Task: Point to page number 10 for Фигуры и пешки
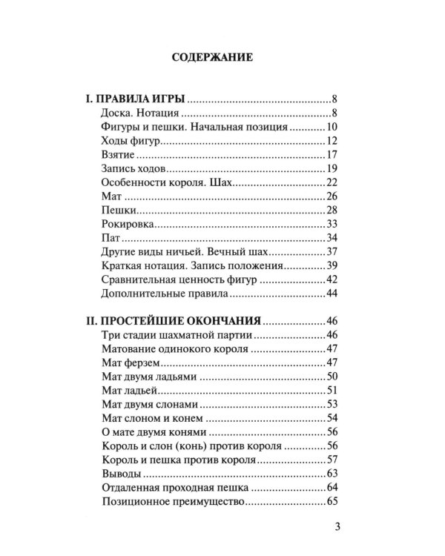pos(331,128)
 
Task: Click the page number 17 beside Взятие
pos(332,156)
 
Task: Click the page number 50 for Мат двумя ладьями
pos(331,378)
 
